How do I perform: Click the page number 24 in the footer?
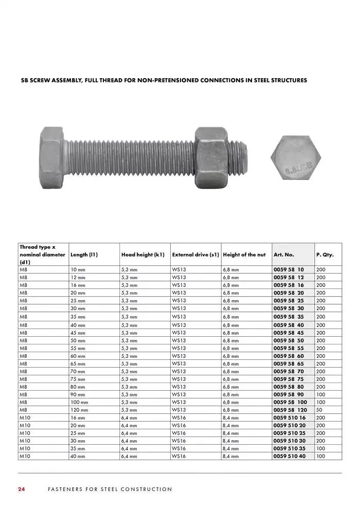[21, 489]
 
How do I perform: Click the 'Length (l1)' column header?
[84, 254]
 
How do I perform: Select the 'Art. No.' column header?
[284, 254]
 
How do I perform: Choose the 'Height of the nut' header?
[244, 254]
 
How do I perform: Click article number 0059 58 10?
[289, 269]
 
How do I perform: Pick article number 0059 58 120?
[290, 410]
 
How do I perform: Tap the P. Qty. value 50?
[320, 410]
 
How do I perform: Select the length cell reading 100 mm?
[79, 403]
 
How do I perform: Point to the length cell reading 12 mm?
[78, 277]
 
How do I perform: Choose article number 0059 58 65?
[289, 363]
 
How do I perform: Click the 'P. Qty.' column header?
[325, 254]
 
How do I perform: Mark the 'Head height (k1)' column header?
[142, 254]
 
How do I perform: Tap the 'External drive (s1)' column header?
[195, 254]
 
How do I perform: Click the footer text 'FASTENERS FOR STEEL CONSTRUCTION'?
[110, 489]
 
